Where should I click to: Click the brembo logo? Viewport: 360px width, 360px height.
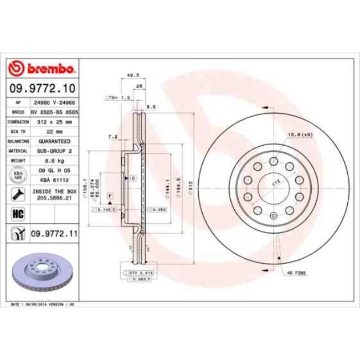coord(42,69)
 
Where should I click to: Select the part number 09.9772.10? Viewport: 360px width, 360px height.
coord(42,88)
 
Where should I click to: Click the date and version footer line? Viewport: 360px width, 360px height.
coord(43,305)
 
